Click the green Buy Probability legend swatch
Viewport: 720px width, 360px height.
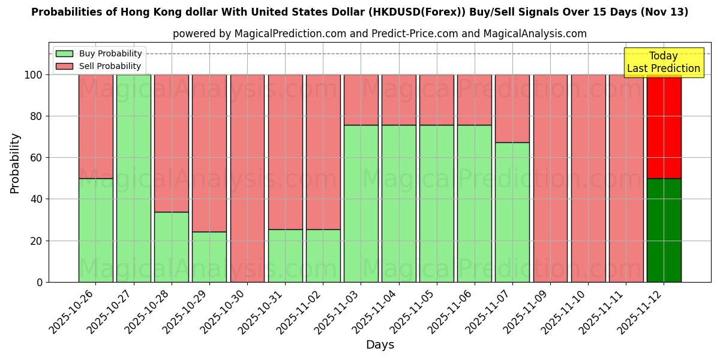65,53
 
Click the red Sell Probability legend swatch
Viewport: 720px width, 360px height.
65,66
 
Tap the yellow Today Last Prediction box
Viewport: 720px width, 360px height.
663,62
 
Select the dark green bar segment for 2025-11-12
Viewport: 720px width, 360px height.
664,230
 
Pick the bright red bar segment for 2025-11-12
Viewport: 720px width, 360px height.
664,127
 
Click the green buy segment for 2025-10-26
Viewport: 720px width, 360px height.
95,230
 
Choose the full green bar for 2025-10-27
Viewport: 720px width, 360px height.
133,178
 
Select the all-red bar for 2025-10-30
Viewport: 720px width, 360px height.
247,178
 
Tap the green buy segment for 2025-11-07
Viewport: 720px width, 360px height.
512,212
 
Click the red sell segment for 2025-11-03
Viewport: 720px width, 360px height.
361,100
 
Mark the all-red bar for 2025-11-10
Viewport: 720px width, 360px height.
588,178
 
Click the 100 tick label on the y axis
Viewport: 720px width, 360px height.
34,75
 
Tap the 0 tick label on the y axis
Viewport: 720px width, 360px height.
40,282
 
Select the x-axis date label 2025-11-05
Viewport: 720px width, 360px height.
414,312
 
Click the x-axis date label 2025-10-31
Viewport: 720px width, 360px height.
262,312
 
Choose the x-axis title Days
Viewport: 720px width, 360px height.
380,345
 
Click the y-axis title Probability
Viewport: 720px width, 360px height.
15,163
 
